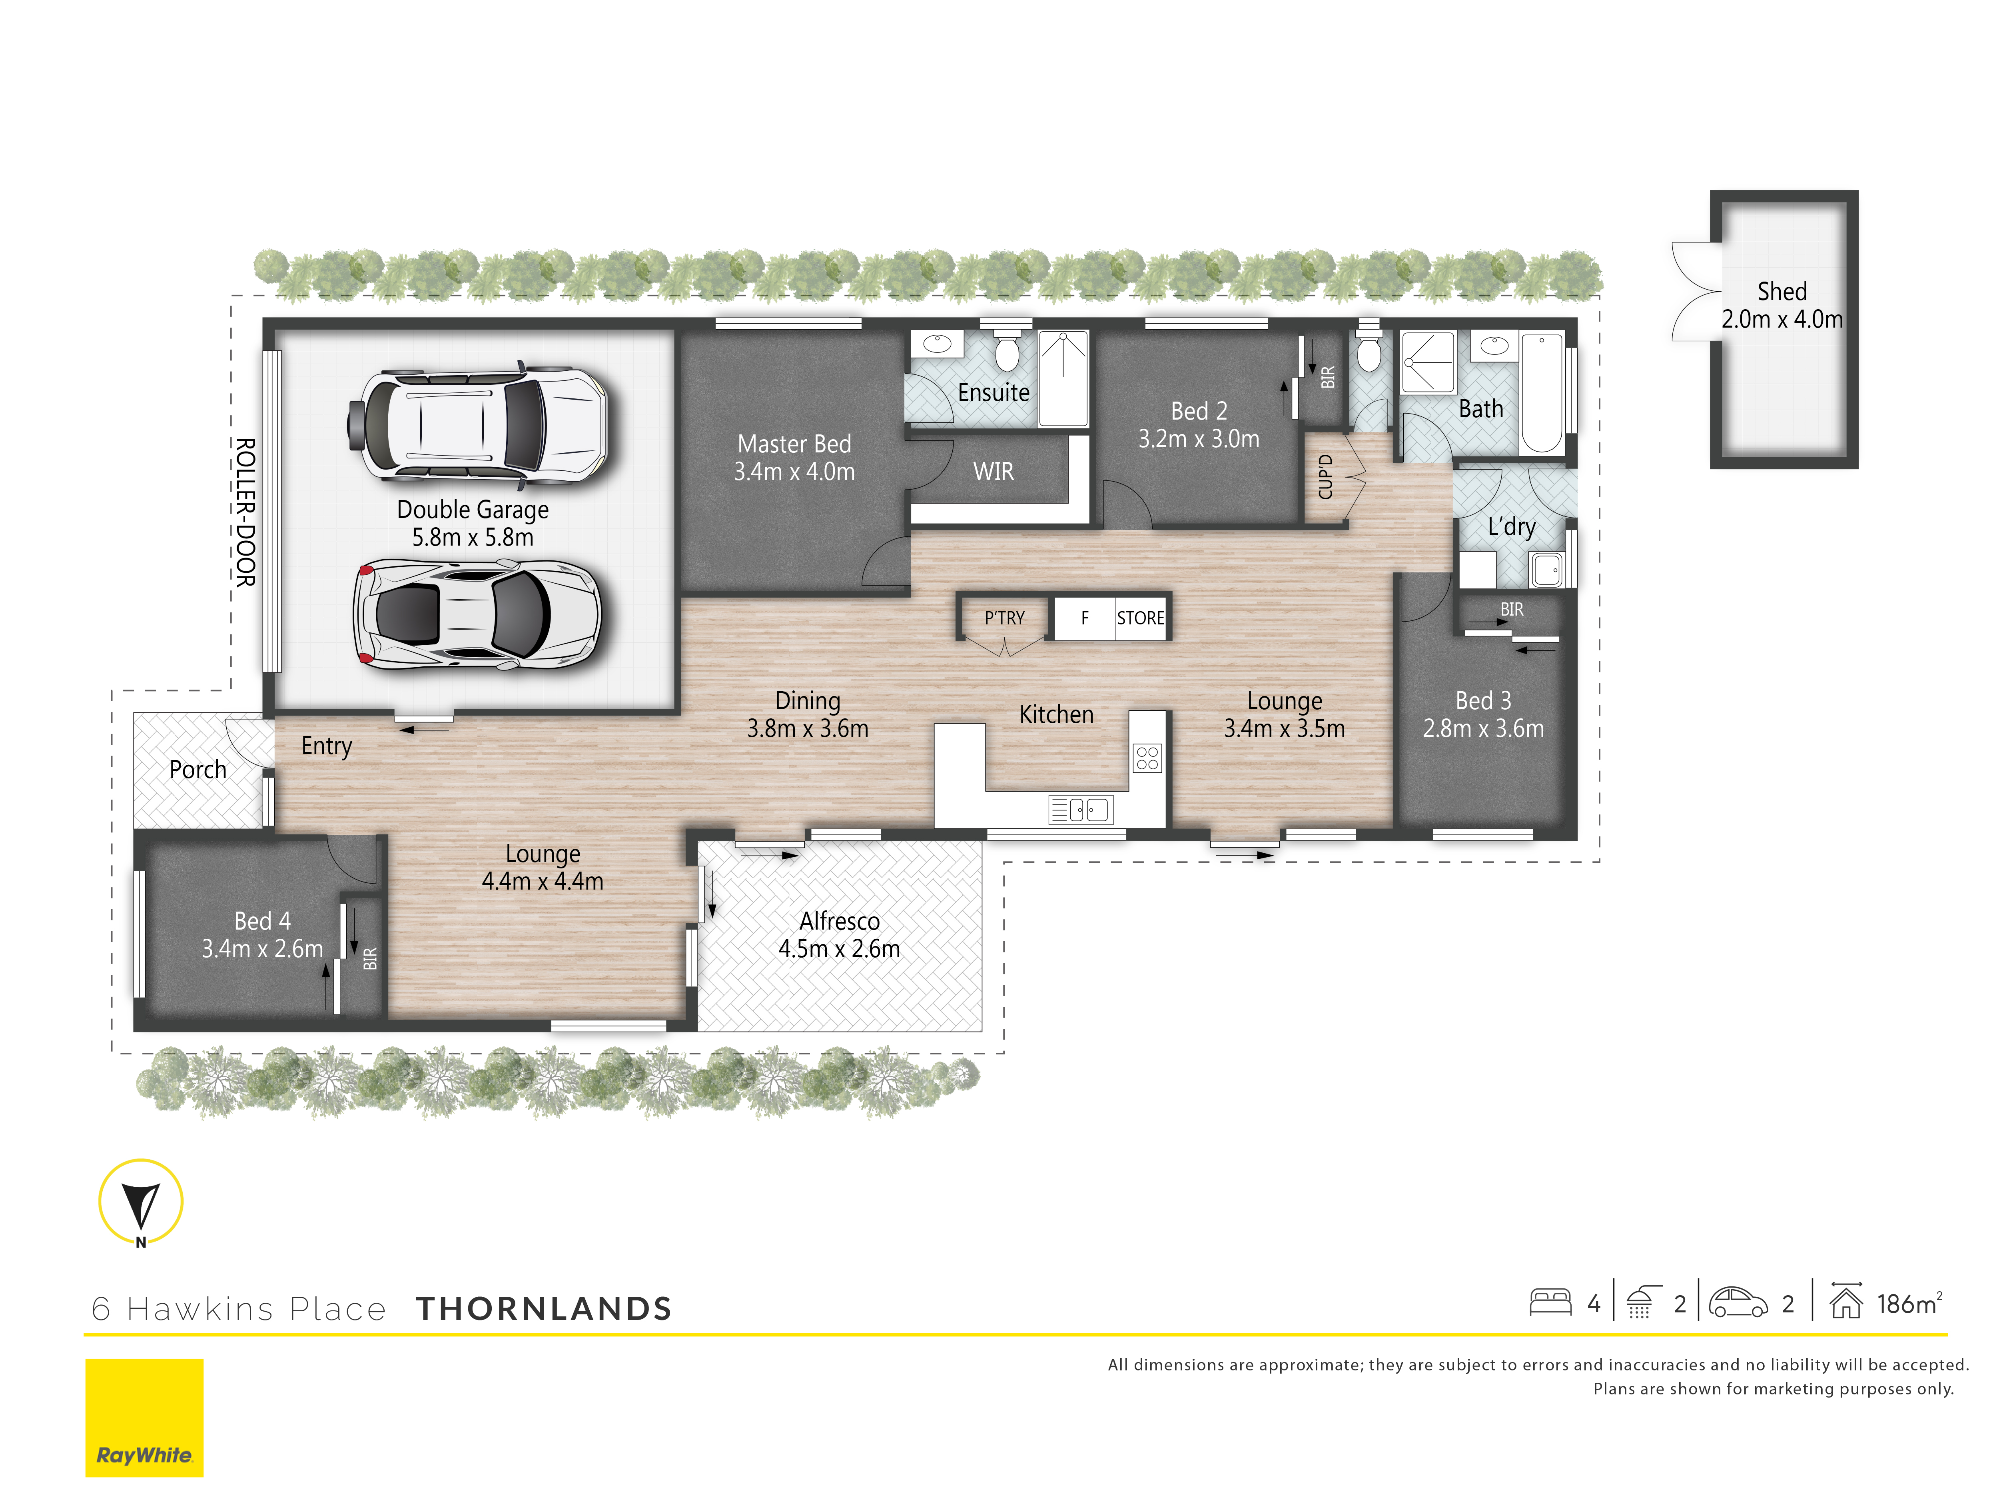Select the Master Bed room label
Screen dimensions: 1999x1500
tap(794, 444)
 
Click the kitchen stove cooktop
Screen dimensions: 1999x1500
tap(1147, 758)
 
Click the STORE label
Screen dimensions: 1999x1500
tap(1141, 618)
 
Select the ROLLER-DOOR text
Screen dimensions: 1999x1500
tap(245, 513)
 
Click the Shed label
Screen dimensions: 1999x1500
tap(1782, 291)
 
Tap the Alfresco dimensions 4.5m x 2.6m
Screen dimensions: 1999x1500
tap(840, 949)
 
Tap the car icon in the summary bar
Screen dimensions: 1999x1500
tap(1738, 1302)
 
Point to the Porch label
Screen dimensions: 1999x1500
tap(198, 770)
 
